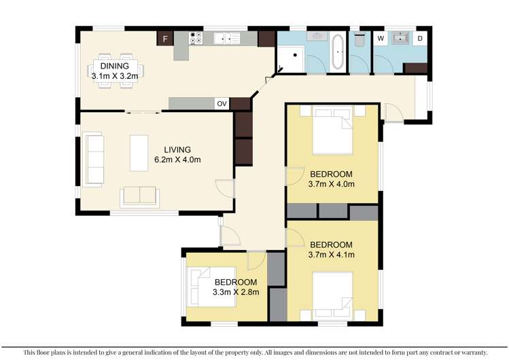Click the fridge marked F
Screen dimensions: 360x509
click(164, 39)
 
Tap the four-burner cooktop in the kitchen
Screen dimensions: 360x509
click(196, 39)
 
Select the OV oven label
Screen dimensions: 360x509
click(222, 104)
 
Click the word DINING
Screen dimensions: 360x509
click(114, 66)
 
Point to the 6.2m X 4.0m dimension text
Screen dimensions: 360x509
click(177, 160)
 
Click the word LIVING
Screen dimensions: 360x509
click(177, 150)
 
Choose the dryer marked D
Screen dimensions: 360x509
click(420, 38)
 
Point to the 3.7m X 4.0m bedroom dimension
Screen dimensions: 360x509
click(332, 183)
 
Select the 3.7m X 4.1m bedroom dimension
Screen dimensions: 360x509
click(332, 255)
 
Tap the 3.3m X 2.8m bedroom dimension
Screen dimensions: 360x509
click(235, 293)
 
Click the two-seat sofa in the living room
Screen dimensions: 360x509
click(139, 196)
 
